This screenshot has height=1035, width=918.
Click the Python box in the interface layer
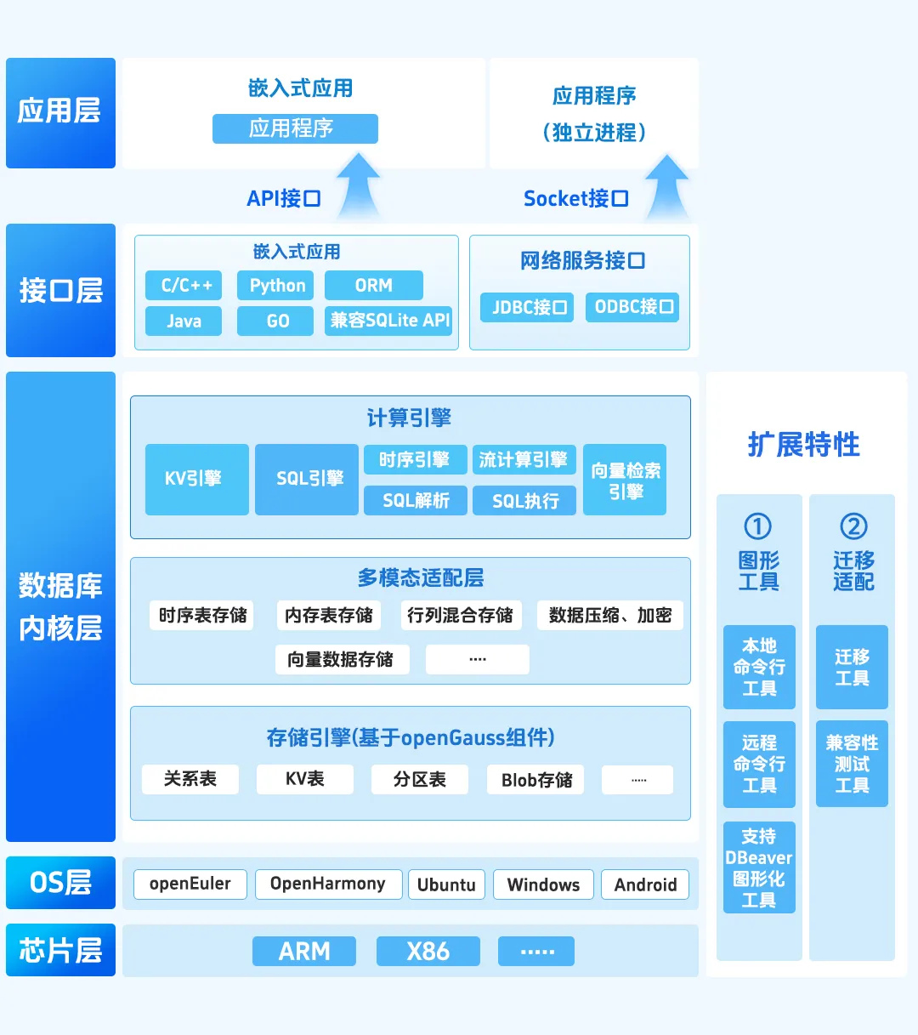coord(275,286)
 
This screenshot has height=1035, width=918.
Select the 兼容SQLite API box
coord(388,321)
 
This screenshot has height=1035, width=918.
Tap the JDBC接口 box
coord(527,307)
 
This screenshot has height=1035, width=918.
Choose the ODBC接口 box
coord(632,307)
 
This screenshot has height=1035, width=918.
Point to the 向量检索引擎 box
coord(625,481)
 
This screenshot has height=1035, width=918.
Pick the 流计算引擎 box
coord(524,460)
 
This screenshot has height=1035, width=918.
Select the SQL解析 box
coord(415,501)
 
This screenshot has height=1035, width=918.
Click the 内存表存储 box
coord(328,615)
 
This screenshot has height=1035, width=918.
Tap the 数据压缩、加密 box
coord(609,615)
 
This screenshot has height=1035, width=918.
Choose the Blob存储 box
coord(535,780)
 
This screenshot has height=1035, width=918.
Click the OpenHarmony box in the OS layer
coord(327,884)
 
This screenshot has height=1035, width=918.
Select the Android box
coord(645,884)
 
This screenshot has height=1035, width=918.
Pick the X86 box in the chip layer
coord(428,951)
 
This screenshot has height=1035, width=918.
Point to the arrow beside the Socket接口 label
coord(666,188)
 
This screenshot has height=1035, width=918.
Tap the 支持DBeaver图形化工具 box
coord(759,867)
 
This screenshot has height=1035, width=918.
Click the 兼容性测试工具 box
coord(852,764)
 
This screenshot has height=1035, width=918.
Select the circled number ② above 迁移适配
coord(853,526)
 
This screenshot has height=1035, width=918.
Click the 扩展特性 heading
coord(803,445)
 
